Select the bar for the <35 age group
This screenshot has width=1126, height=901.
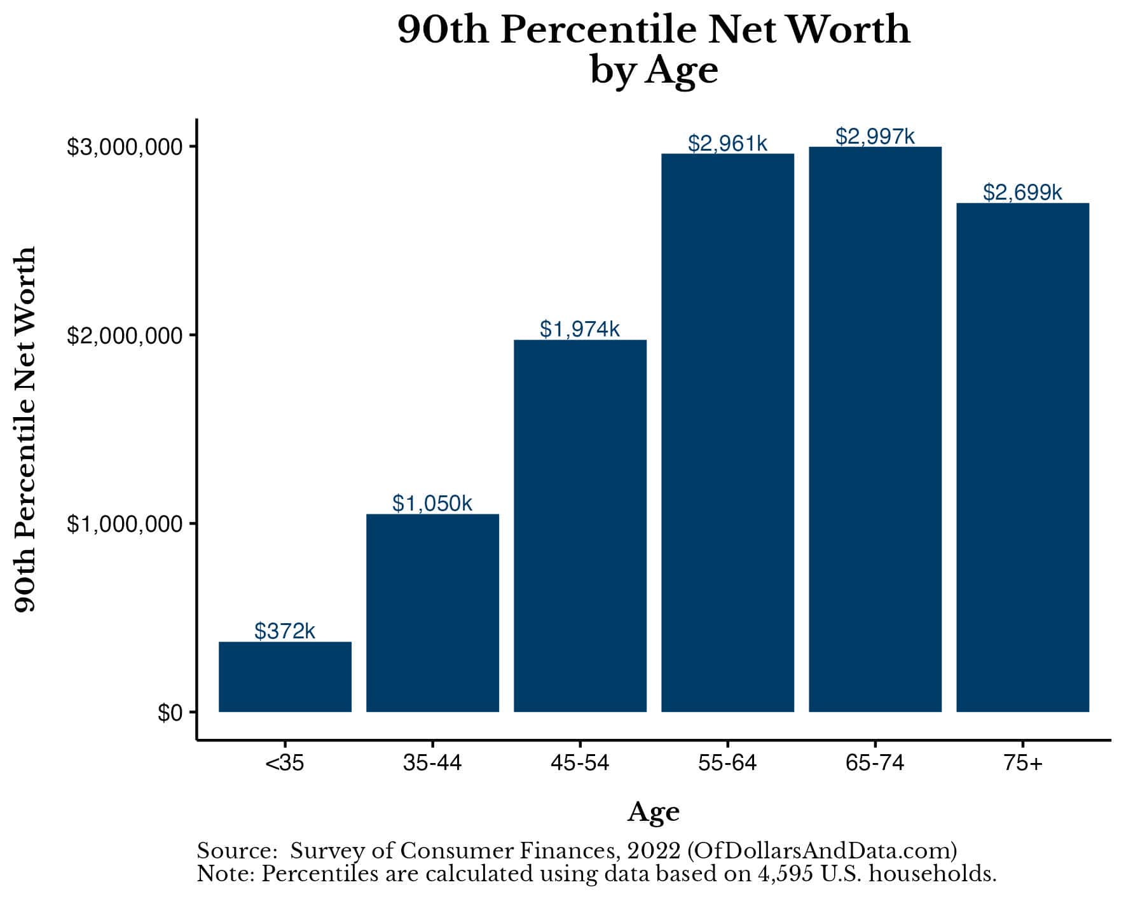pyautogui.click(x=285, y=677)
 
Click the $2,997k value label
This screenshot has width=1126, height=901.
pyautogui.click(x=875, y=136)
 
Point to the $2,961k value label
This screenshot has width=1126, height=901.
pyautogui.click(x=727, y=144)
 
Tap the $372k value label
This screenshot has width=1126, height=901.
pyautogui.click(x=285, y=631)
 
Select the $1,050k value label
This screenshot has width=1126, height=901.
pyautogui.click(x=432, y=503)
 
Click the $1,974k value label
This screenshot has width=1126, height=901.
pyautogui.click(x=580, y=329)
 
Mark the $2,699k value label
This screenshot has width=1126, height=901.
pyautogui.click(x=1022, y=192)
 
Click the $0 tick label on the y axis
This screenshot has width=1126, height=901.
pyautogui.click(x=170, y=713)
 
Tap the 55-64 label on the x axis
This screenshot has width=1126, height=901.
pyautogui.click(x=727, y=762)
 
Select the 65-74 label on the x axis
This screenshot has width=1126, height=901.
pyautogui.click(x=875, y=762)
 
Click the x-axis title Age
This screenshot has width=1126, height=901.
pyautogui.click(x=654, y=812)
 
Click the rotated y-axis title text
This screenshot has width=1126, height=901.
pyautogui.click(x=25, y=430)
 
